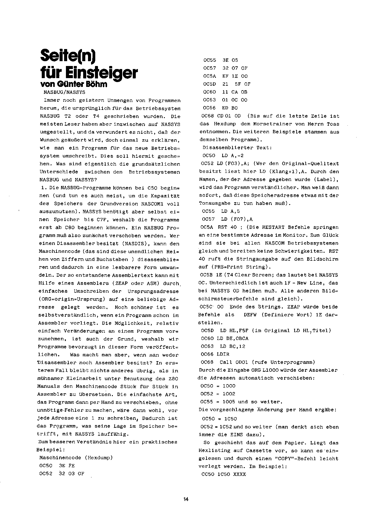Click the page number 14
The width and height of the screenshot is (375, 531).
pyautogui.click(x=186, y=500)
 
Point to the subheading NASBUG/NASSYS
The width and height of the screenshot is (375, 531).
pyautogui.click(x=64, y=92)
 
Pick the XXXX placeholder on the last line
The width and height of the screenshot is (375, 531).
pyautogui.click(x=240, y=474)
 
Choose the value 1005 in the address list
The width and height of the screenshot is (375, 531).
pyautogui.click(x=229, y=402)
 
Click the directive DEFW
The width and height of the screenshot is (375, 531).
pyautogui.click(x=250, y=315)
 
